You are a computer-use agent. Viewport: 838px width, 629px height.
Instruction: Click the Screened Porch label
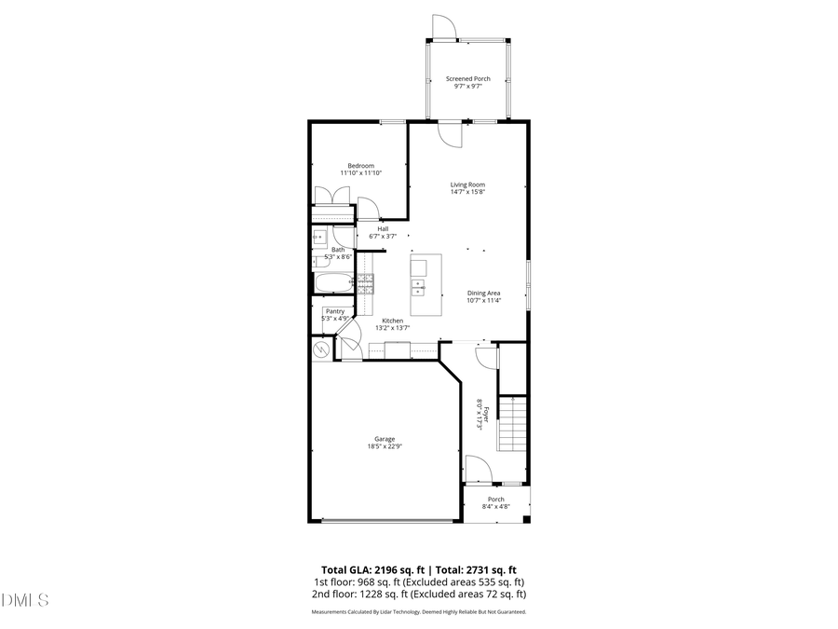click(x=467, y=79)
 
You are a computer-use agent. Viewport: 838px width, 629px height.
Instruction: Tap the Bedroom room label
click(x=360, y=166)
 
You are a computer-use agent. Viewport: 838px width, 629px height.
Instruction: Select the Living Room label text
click(x=467, y=185)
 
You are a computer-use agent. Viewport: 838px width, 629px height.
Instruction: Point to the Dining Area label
click(x=484, y=294)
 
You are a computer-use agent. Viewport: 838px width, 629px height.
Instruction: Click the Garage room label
click(x=385, y=439)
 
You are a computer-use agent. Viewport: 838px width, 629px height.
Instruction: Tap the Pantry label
click(x=333, y=311)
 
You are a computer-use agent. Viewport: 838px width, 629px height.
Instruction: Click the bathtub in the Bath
click(x=331, y=283)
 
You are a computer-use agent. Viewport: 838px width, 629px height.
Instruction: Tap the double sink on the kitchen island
click(x=419, y=286)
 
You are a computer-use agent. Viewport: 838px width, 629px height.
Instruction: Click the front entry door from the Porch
click(x=478, y=469)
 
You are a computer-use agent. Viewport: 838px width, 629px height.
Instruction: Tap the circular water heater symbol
click(x=321, y=350)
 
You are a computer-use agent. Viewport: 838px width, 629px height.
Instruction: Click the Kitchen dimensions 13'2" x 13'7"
click(x=392, y=328)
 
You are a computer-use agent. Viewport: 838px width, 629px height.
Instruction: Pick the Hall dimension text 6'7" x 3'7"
click(x=383, y=237)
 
